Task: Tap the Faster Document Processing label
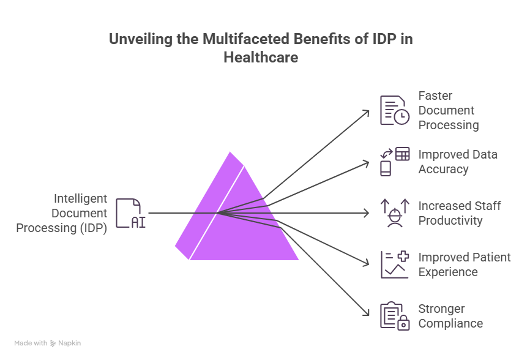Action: point(448,110)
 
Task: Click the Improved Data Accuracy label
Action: point(458,162)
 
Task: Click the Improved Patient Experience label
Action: point(464,264)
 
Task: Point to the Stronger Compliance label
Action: point(450,316)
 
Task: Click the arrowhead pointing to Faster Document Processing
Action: point(367,113)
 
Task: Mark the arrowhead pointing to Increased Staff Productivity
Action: point(367,213)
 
